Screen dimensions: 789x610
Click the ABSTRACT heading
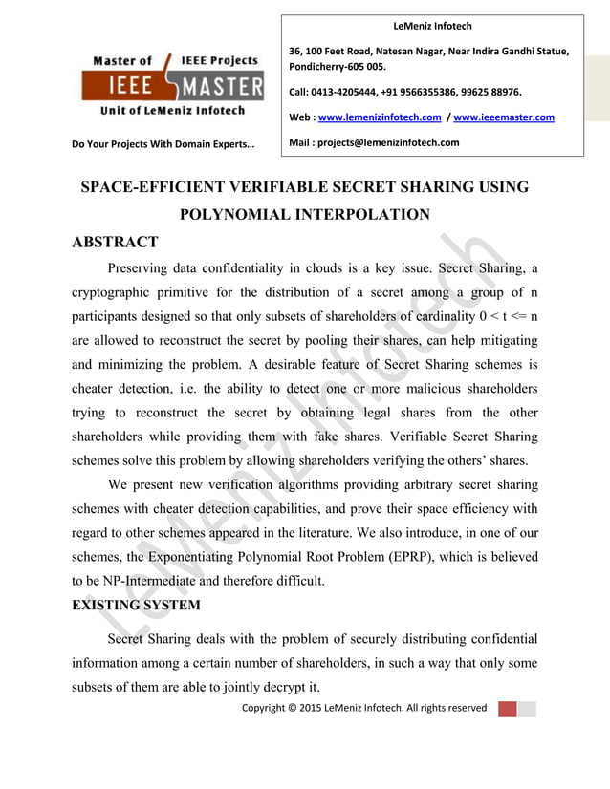coord(115,241)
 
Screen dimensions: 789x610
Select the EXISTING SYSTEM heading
coord(136,605)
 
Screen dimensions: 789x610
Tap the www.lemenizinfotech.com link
coord(379,117)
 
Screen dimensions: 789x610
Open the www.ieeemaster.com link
coord(504,117)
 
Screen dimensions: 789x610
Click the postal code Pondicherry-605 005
coord(338,67)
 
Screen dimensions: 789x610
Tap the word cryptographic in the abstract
coord(119,291)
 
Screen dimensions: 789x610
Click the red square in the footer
coord(507,708)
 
